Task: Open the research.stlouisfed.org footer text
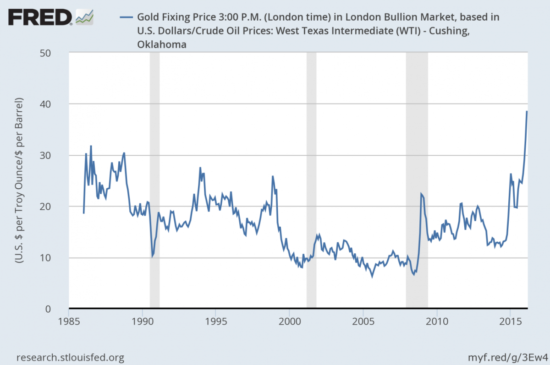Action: [70, 357]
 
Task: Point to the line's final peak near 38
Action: [527, 112]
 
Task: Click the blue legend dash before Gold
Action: [126, 18]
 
